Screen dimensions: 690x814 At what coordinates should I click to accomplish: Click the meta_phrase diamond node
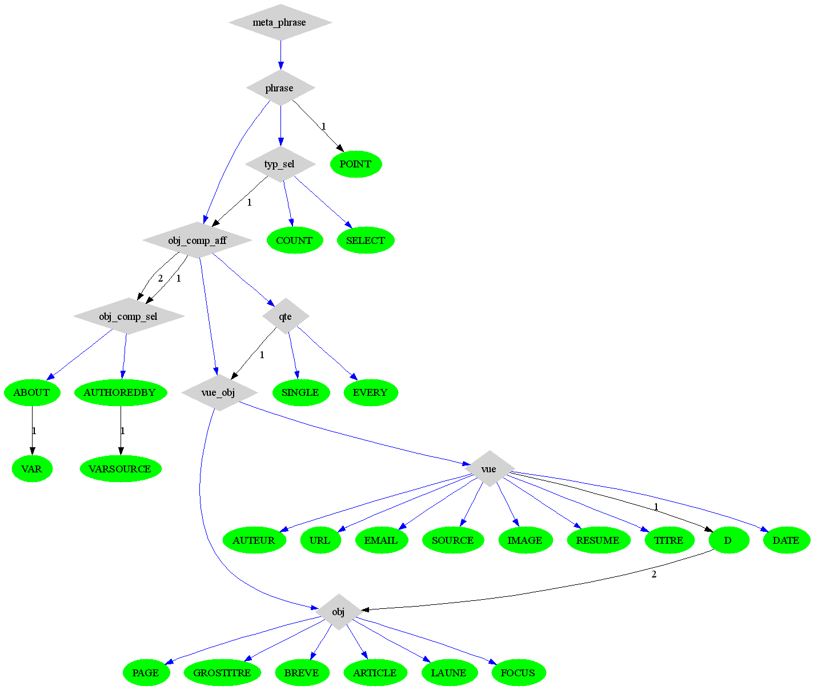click(x=280, y=23)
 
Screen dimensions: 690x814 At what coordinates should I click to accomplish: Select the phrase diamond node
click(x=280, y=88)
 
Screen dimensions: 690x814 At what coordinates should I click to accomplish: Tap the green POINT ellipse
click(x=356, y=165)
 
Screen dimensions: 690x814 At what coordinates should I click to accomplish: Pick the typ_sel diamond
click(x=280, y=165)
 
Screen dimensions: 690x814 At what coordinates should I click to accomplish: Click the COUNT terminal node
click(x=294, y=240)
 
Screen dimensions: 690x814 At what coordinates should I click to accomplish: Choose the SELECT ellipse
click(x=366, y=240)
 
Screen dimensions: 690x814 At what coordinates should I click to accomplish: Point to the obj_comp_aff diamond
click(x=197, y=240)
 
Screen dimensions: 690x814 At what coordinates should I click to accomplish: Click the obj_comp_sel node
click(x=129, y=316)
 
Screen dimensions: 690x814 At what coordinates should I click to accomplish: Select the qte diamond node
click(x=286, y=316)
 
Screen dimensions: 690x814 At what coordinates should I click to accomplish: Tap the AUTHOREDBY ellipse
click(x=120, y=392)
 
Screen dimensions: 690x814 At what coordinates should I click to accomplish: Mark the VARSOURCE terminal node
click(x=121, y=469)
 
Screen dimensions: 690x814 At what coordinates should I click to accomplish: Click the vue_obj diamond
click(x=219, y=392)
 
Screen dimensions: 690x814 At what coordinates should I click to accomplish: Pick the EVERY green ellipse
click(x=370, y=392)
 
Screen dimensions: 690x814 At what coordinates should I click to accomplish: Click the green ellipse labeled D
click(x=728, y=540)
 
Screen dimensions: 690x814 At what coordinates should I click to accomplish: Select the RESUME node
click(x=598, y=540)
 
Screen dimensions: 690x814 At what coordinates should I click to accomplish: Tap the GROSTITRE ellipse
click(x=222, y=673)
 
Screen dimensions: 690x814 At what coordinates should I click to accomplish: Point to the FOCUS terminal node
click(x=518, y=673)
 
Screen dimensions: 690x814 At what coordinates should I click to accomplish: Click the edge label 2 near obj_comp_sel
click(x=161, y=279)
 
